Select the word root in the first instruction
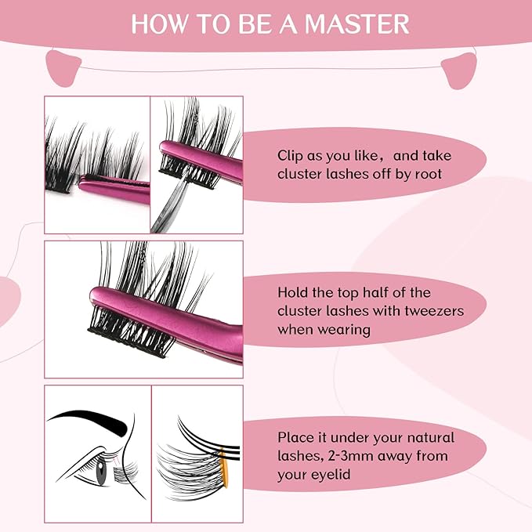[427, 174]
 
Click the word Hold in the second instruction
[293, 292]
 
